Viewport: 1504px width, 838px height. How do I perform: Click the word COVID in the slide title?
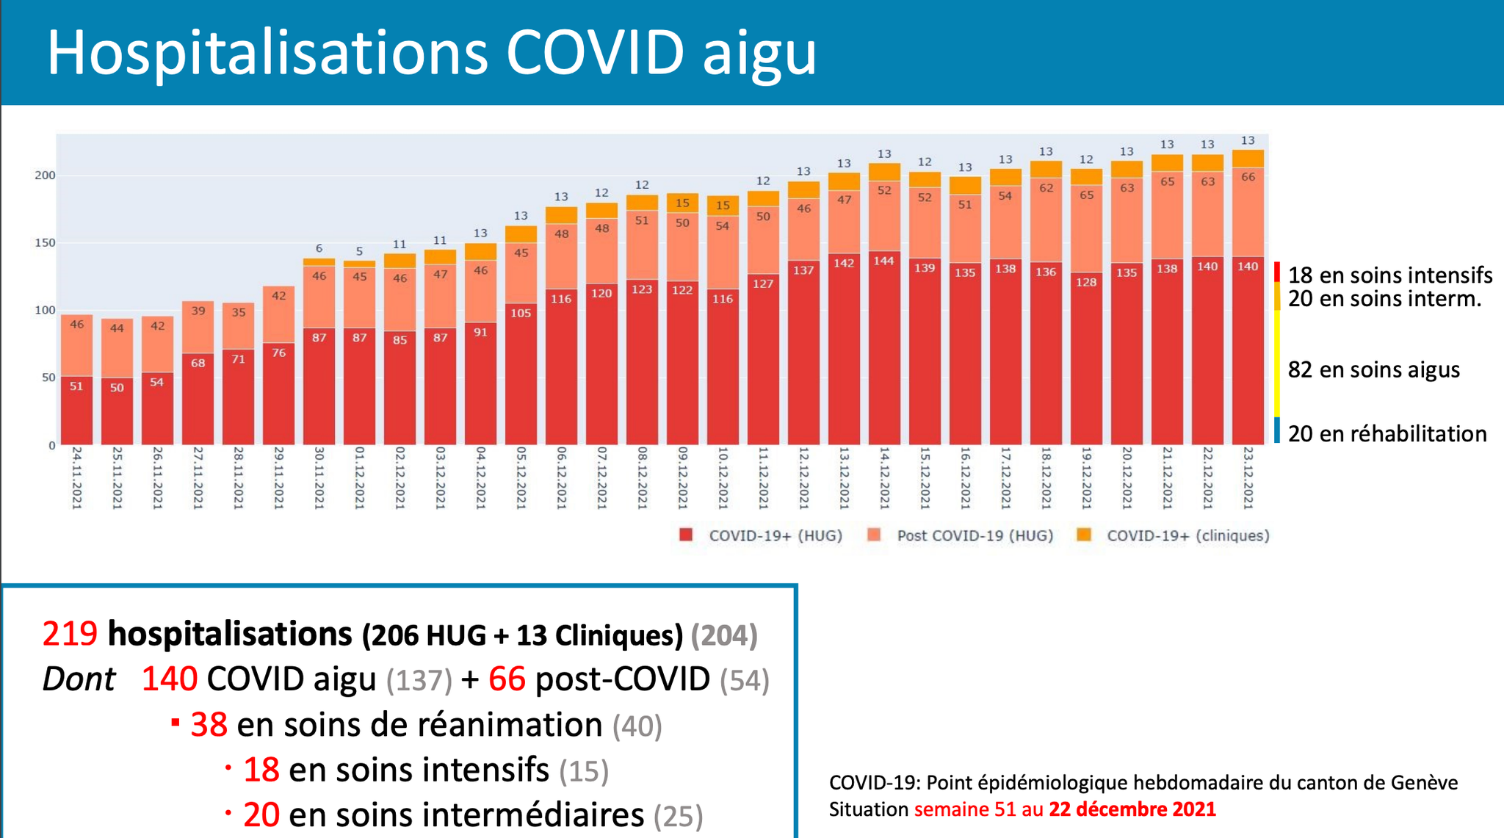(595, 53)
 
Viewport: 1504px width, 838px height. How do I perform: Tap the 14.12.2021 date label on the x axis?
(884, 477)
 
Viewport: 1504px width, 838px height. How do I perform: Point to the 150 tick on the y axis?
(45, 243)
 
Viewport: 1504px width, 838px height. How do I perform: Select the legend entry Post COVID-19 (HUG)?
(975, 535)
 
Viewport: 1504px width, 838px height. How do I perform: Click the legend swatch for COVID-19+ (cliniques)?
(1083, 535)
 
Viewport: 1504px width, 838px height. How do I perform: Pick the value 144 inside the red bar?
(884, 261)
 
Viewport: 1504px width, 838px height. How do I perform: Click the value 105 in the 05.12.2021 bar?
(521, 313)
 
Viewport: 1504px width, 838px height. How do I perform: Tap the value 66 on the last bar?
(1248, 177)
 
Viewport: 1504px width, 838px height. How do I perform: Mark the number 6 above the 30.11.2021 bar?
(319, 248)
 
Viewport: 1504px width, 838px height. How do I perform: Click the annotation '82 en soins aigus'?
(1373, 369)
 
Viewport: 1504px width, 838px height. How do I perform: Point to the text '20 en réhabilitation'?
(1387, 433)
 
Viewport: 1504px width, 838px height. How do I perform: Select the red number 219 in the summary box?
(70, 634)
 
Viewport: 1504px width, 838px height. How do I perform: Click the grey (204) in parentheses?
(724, 635)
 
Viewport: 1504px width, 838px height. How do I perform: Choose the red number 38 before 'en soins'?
(209, 725)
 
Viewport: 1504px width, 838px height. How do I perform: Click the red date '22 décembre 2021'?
(1132, 809)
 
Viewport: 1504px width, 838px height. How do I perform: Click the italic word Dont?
(79, 679)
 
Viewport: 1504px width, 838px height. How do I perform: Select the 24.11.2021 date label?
(76, 477)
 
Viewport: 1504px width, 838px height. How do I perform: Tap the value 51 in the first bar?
(76, 386)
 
